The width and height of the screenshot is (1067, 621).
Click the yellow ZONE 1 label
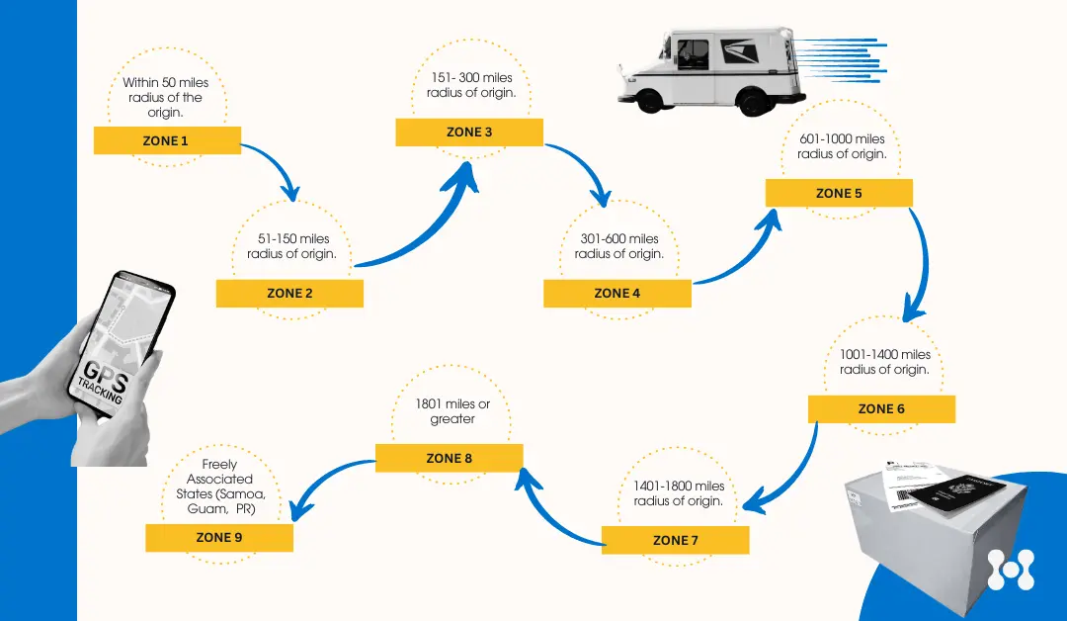point(167,141)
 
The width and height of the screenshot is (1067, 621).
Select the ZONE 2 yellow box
point(289,294)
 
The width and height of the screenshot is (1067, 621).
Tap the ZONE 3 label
point(469,133)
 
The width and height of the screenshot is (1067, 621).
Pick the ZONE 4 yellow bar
point(617,294)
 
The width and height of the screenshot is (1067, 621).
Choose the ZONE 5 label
point(839,194)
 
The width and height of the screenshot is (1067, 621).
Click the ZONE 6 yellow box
point(881,409)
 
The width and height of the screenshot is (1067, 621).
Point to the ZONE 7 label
point(675,541)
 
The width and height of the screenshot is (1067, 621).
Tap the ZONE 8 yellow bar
point(450,459)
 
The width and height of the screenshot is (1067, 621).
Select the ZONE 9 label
point(219,538)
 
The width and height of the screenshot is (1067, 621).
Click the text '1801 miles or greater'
point(452,411)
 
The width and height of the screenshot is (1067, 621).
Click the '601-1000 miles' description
point(842,146)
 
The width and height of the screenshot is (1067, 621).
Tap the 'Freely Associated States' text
point(219,487)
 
